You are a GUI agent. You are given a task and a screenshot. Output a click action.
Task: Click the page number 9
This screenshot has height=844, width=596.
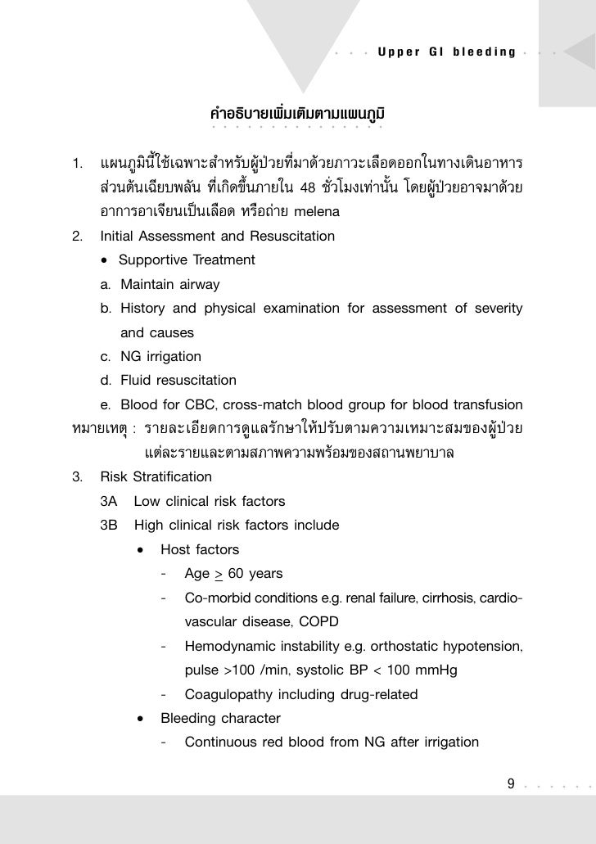coord(512,785)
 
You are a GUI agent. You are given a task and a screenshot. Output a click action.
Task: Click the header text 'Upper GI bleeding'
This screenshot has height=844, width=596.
coord(446,52)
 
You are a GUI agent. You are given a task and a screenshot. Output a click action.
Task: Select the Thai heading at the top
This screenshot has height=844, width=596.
coord(298,110)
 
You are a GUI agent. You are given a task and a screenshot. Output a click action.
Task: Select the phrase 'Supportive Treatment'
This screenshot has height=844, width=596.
coord(187,260)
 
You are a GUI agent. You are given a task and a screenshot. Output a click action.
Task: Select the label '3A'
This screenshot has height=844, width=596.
coord(109,501)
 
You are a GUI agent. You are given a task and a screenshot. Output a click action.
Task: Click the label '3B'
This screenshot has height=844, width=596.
coord(109,525)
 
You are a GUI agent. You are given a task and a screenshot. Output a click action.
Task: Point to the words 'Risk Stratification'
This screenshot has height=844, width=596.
coord(156,476)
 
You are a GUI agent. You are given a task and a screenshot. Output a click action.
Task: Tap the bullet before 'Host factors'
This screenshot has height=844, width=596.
coord(142,549)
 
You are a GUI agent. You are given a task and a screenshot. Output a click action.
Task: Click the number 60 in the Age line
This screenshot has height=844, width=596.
coord(239,573)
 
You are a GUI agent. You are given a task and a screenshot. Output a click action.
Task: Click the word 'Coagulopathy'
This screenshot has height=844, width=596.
coord(225,694)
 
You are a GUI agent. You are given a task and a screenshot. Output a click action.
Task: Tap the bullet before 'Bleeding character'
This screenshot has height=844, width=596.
coord(142,719)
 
